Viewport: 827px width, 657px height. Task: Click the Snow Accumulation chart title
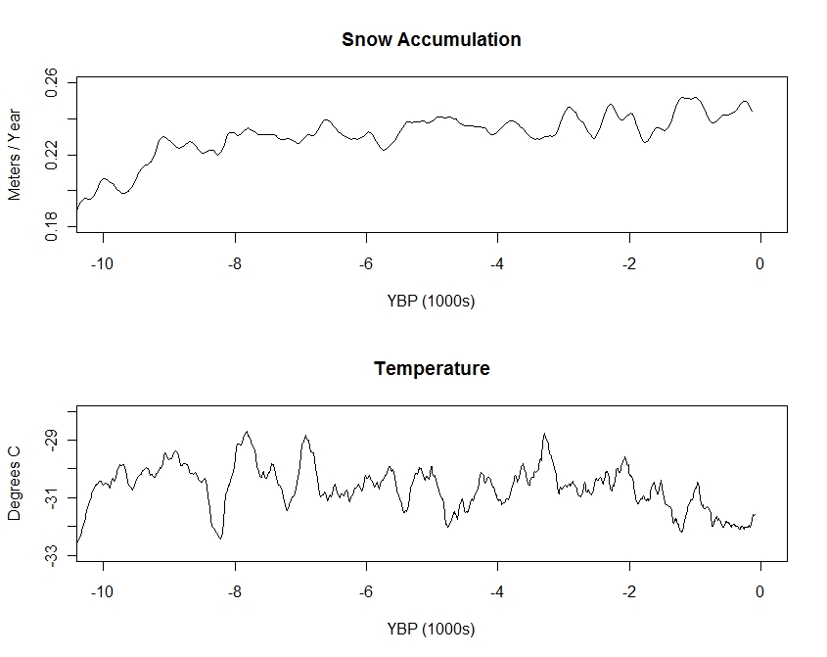431,40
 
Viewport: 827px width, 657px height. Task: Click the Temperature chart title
432,369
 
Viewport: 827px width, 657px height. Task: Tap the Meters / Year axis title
15,154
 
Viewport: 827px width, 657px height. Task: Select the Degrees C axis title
15,484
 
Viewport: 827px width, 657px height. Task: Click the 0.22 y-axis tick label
53,154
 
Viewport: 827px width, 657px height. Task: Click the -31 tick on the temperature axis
53,498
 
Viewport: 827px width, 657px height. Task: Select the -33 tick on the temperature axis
53,556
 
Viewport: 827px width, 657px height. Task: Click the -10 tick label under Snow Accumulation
103,263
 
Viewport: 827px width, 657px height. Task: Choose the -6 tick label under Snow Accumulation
366,263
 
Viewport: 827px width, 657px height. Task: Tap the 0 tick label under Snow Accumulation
759,263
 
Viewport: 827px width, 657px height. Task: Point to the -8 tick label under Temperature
235,592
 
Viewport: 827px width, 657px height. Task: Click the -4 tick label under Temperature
497,592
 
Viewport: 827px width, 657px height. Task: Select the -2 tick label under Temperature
629,592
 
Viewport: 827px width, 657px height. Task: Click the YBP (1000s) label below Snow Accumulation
431,301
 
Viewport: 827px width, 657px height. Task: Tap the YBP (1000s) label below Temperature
431,630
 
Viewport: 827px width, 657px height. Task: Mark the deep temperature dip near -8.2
220,538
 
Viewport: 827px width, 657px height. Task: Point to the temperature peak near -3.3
544,434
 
